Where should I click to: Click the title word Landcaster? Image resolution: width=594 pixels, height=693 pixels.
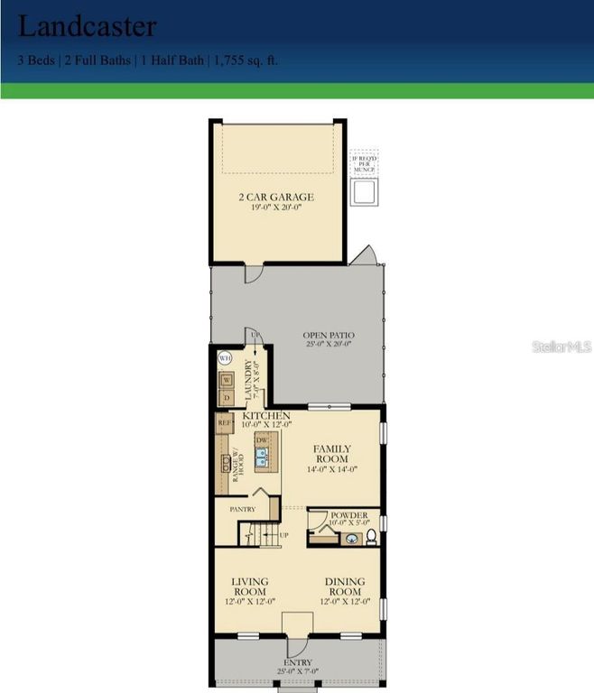click(87, 26)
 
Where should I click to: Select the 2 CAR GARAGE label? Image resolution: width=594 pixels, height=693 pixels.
click(276, 197)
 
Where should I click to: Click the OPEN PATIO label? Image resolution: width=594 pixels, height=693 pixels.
click(327, 338)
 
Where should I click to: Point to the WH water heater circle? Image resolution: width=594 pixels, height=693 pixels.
click(224, 357)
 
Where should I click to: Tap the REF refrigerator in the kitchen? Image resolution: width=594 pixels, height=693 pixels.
click(224, 421)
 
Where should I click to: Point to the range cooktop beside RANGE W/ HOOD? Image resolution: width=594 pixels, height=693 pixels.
click(221, 465)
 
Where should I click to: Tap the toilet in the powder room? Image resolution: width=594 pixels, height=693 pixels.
click(371, 539)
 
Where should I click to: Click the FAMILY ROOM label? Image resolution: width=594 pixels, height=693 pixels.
click(331, 453)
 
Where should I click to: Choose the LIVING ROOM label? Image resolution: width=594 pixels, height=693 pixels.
click(249, 587)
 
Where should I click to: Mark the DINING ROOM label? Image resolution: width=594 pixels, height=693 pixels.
click(344, 587)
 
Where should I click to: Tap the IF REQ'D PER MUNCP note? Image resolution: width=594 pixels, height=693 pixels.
click(364, 163)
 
